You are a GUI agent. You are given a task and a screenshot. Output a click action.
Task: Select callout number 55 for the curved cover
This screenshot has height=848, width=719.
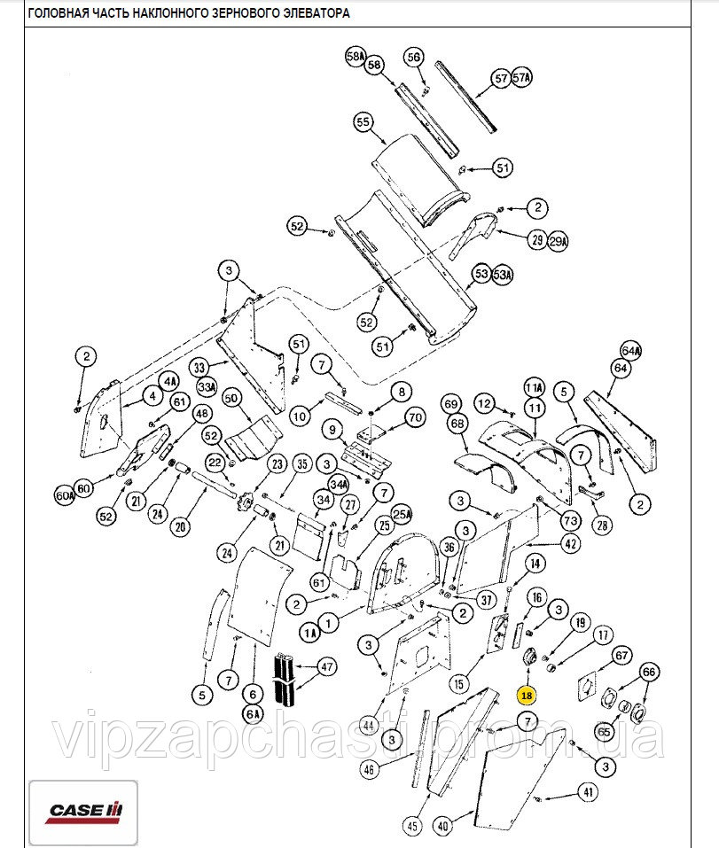click(x=362, y=123)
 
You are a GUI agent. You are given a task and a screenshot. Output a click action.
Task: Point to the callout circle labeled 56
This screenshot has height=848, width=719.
click(x=414, y=57)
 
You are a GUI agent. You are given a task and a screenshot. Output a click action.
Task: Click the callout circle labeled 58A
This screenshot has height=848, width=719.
click(x=356, y=57)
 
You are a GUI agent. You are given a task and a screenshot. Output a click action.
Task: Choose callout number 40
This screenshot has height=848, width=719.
click(x=442, y=825)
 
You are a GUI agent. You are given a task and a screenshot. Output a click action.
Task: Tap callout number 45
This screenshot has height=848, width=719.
click(x=412, y=826)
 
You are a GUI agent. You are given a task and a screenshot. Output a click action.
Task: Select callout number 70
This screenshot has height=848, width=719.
click(x=416, y=416)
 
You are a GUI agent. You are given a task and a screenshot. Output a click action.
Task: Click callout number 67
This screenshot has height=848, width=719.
click(x=621, y=655)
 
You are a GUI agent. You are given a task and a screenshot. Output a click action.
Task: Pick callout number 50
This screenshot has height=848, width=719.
click(x=232, y=400)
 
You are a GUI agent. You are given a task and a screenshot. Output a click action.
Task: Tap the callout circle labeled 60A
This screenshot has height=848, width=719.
click(x=64, y=496)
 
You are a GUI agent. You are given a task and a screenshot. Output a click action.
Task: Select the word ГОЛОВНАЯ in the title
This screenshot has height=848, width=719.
click(x=58, y=13)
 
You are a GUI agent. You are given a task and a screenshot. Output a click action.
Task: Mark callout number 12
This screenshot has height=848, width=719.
click(x=484, y=403)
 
